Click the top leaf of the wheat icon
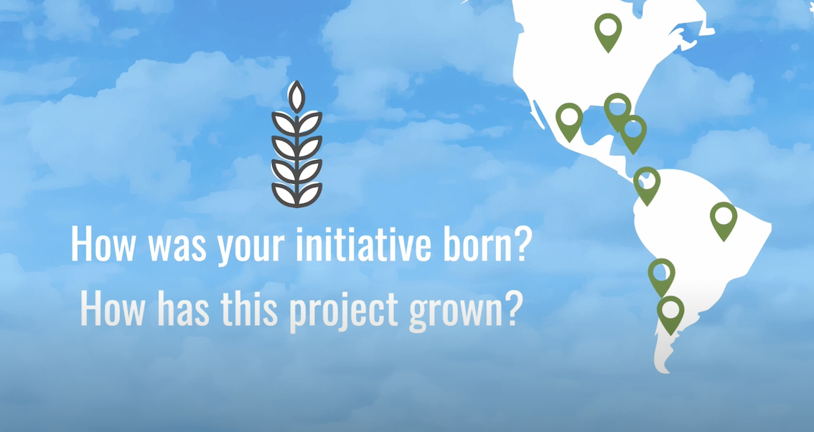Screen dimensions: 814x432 [x=296, y=97]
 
